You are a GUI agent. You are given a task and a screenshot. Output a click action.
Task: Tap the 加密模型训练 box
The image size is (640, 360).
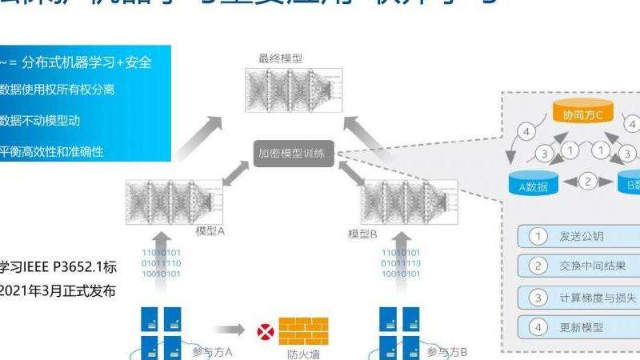[x=291, y=154]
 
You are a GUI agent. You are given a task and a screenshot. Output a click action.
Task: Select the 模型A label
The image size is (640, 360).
[x=210, y=232]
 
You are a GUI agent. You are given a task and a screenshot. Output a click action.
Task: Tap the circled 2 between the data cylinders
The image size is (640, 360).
[x=587, y=182]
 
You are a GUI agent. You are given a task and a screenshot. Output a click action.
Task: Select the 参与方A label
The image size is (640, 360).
[x=213, y=351]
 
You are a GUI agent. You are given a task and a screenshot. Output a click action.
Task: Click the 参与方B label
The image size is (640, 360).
[x=448, y=351]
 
